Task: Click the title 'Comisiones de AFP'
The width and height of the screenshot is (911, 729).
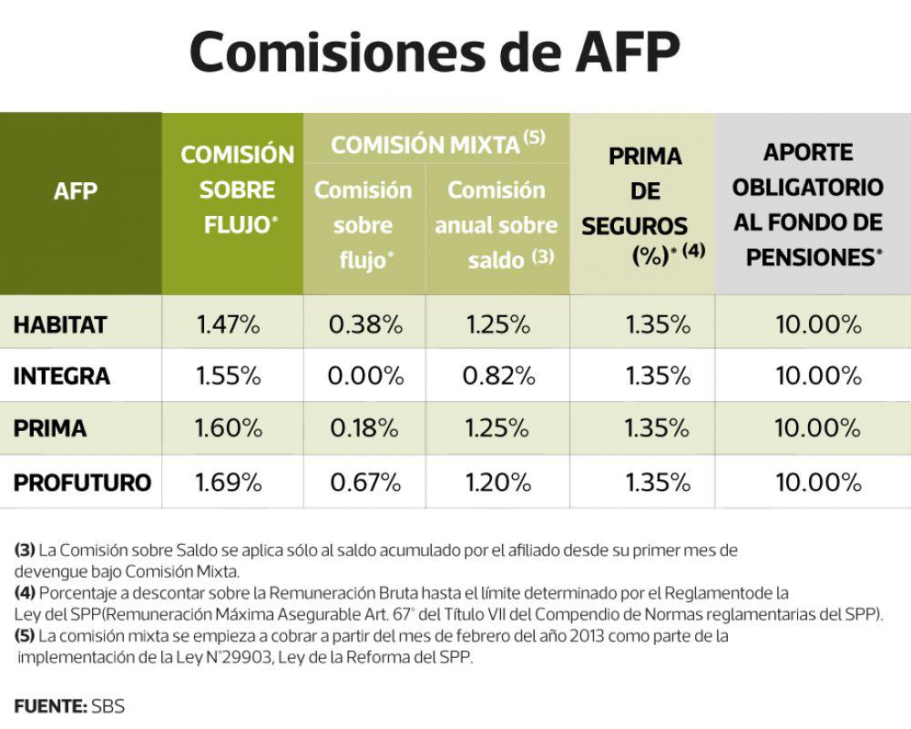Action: click(435, 53)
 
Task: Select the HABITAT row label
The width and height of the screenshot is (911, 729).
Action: click(60, 324)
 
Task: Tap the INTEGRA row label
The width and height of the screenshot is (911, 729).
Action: click(62, 376)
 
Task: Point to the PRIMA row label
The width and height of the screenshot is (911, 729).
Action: click(50, 428)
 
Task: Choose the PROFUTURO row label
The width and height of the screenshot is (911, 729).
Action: click(82, 482)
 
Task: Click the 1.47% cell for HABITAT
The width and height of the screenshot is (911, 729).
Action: click(229, 324)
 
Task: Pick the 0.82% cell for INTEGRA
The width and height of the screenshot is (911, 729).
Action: click(498, 376)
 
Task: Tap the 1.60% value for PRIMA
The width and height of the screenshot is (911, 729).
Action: click(229, 428)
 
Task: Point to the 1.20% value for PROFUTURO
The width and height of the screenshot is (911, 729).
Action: click(498, 482)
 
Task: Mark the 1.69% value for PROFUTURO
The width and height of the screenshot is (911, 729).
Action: click(229, 482)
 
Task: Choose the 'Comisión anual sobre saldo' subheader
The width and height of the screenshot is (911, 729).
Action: click(496, 225)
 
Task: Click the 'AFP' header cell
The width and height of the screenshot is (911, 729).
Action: click(76, 191)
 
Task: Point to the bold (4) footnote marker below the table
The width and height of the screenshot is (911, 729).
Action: click(25, 592)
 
